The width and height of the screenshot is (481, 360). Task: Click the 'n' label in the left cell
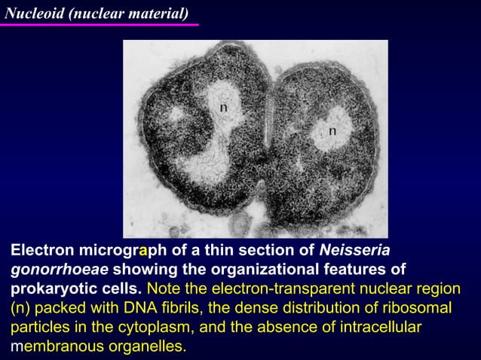(x=224, y=108)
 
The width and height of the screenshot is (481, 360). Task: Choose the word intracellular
(x=378, y=328)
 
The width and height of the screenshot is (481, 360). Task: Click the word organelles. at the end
(x=149, y=347)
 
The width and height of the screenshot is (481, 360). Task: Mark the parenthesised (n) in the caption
(x=20, y=309)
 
